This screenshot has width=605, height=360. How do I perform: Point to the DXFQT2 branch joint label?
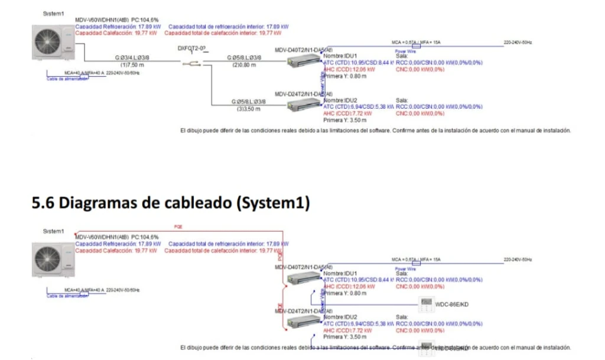(193, 48)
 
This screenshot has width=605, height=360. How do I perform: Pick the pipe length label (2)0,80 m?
(245, 64)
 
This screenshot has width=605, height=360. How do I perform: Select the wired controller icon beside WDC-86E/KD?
(425, 304)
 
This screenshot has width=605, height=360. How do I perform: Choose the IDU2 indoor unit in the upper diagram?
(303, 105)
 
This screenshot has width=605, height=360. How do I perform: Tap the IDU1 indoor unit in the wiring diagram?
(303, 278)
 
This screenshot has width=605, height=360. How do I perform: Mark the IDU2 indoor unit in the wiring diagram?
(303, 322)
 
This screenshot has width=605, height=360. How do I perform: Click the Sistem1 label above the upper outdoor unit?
(54, 12)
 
